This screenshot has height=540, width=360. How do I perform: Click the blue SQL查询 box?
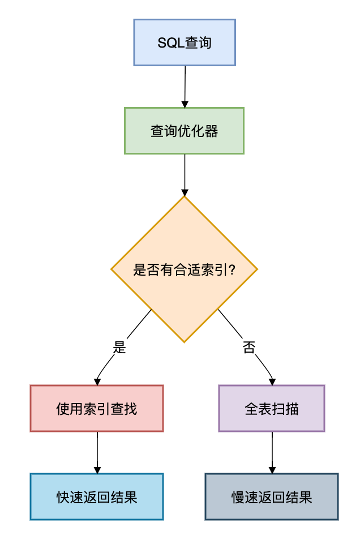click(185, 42)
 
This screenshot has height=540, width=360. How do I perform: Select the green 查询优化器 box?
click(184, 131)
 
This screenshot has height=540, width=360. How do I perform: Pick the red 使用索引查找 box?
click(97, 408)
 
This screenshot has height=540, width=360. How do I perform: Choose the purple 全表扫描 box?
click(272, 408)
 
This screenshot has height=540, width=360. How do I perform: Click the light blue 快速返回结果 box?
click(97, 496)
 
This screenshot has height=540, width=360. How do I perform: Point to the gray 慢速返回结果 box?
click(272, 496)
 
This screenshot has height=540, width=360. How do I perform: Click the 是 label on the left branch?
click(119, 348)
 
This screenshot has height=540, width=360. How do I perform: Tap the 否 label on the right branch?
click(249, 348)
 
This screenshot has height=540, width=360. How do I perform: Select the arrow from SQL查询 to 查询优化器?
click(185, 85)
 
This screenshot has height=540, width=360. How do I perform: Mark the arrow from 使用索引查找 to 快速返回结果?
click(97, 451)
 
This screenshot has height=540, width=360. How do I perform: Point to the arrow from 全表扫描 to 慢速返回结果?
click(272, 451)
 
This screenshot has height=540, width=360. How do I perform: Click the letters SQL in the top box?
click(168, 43)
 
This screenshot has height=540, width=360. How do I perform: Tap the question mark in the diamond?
click(231, 270)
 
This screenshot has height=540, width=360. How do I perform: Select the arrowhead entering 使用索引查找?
click(97, 382)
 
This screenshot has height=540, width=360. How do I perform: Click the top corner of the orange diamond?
click(185, 197)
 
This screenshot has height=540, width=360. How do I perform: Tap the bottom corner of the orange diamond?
click(185, 341)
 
